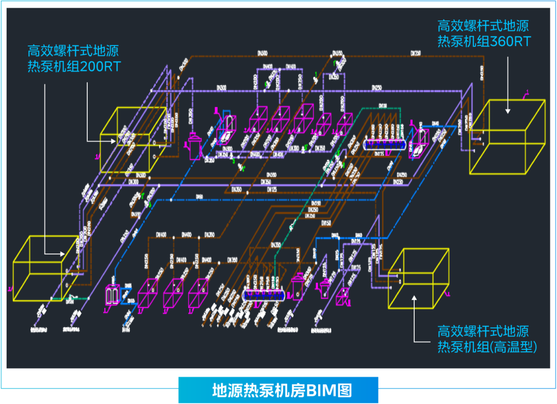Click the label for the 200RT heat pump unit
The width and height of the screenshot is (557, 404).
(x=73, y=58)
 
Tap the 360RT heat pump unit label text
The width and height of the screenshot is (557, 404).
(x=483, y=33)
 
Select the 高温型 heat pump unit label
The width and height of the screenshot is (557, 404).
(x=487, y=339)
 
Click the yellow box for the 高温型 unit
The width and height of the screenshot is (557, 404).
(x=418, y=279)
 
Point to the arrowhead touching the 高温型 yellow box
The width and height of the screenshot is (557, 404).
(x=414, y=298)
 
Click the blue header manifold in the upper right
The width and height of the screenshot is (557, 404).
(x=384, y=145)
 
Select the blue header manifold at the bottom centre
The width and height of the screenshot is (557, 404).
(x=266, y=295)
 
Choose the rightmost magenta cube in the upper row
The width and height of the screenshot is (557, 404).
(x=345, y=123)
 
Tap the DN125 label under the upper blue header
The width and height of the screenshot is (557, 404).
(x=380, y=154)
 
